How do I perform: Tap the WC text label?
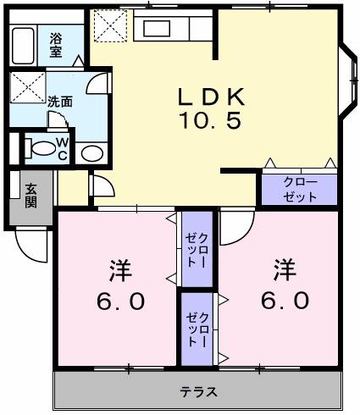(x=63, y=148)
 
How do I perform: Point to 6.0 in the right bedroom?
(x=284, y=300)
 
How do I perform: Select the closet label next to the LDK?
(x=299, y=189)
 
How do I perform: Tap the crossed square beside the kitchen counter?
(x=108, y=25)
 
